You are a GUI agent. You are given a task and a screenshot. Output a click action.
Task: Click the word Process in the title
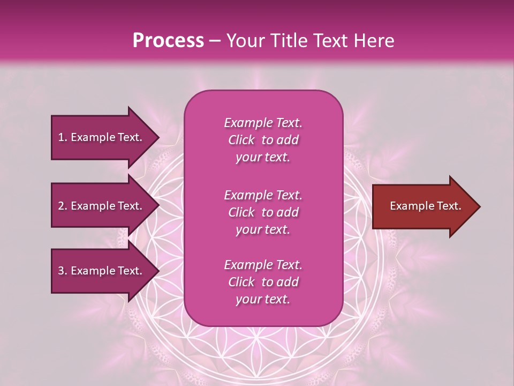point(168,40)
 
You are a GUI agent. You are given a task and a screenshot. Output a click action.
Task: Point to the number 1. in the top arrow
point(62,137)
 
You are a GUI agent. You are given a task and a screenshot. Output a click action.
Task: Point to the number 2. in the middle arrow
point(62,206)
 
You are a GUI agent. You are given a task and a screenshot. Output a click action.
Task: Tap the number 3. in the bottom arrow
point(62,271)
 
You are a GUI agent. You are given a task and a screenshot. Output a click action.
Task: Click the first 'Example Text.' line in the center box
point(263,123)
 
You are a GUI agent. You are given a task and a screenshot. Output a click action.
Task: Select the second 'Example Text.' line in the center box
point(263,195)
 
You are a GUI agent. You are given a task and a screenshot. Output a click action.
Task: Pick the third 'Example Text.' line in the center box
point(263,265)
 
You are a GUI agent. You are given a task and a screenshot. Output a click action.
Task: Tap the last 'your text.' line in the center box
point(263,300)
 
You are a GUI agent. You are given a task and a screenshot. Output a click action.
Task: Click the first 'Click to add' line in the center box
point(263,140)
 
